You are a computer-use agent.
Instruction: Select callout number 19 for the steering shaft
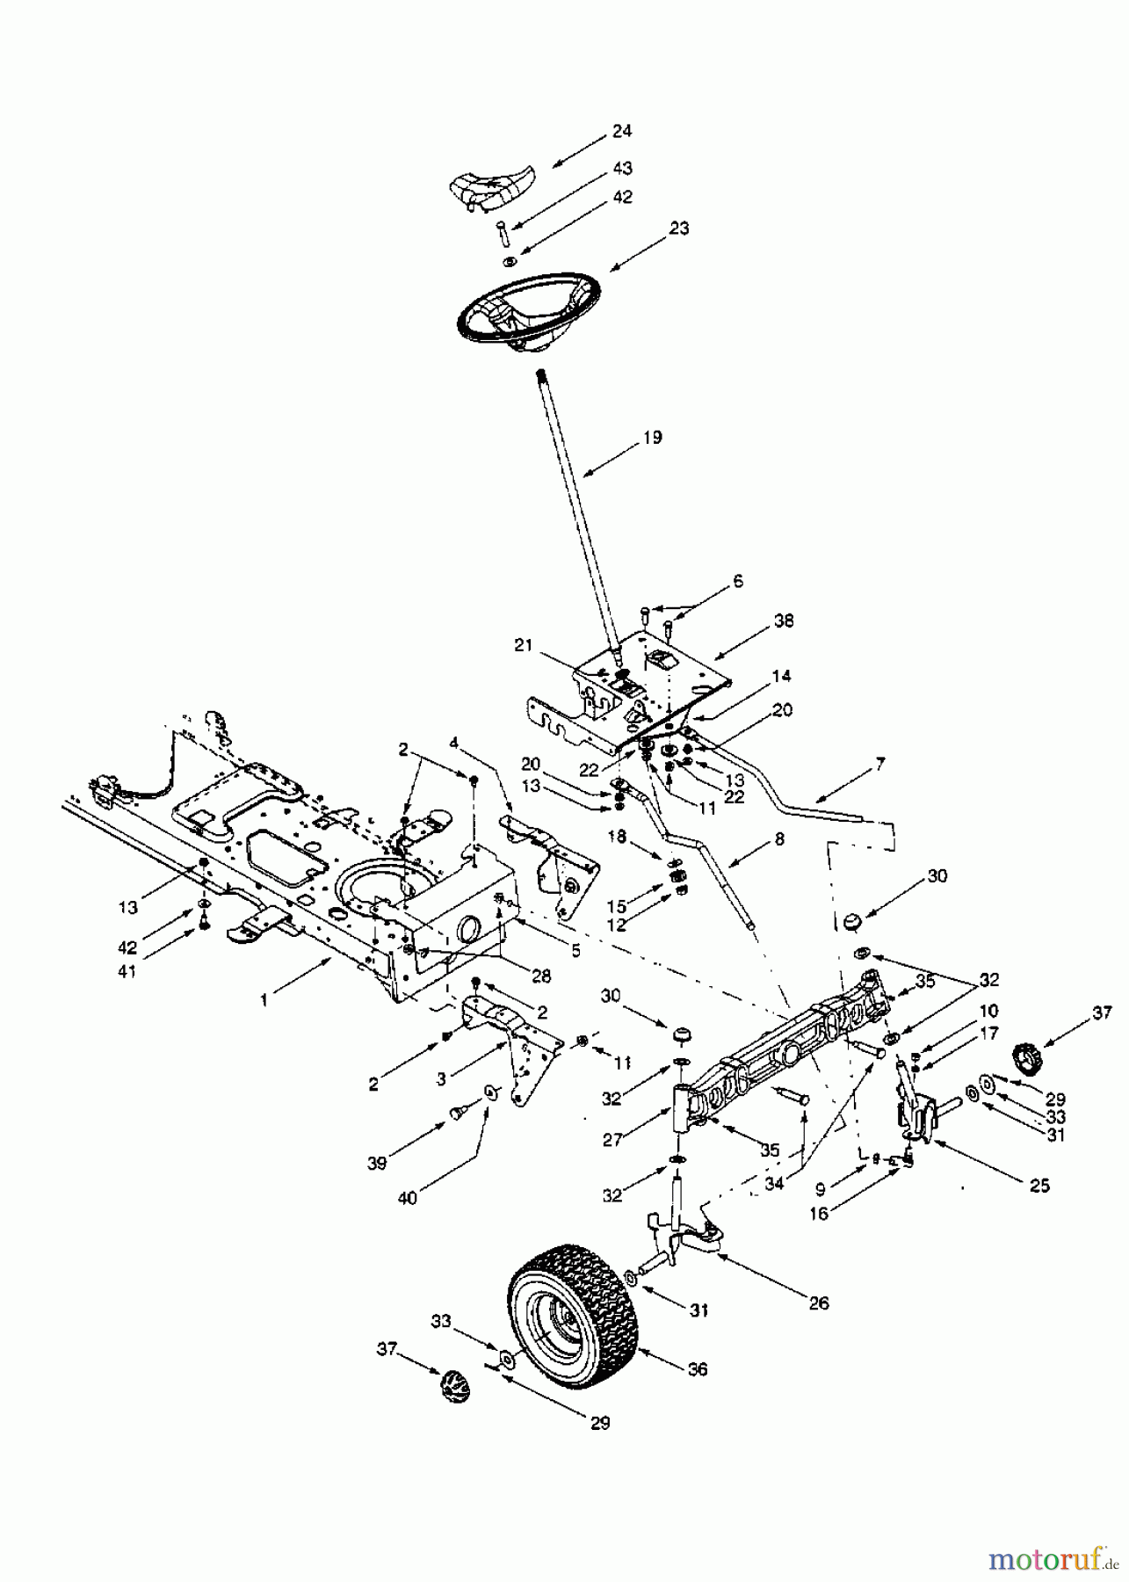pos(652,438)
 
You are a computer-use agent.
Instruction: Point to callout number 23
pos(678,229)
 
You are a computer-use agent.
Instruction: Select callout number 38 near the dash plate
pos(784,621)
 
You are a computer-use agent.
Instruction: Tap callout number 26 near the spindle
pos(818,1303)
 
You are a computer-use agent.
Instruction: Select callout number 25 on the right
pos(1039,1186)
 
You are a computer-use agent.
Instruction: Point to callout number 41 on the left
pos(127,972)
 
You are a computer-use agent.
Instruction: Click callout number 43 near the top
pos(622,168)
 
